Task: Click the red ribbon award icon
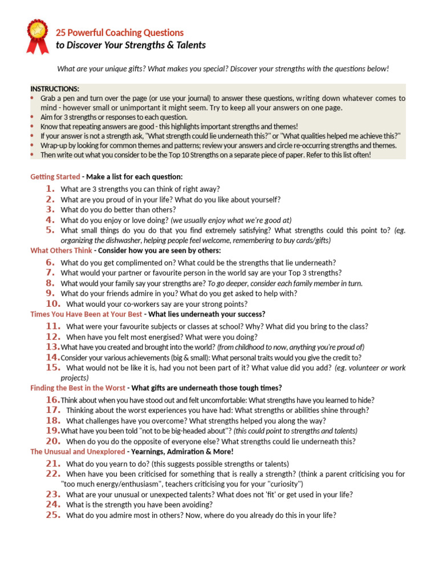point(38,36)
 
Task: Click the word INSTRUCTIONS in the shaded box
point(55,89)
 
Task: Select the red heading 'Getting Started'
point(55,177)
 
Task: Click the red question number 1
point(50,189)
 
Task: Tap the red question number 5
point(50,230)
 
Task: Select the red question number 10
point(52,304)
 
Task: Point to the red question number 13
point(52,347)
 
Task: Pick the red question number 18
point(52,420)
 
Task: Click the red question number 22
point(52,474)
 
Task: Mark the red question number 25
point(52,515)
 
